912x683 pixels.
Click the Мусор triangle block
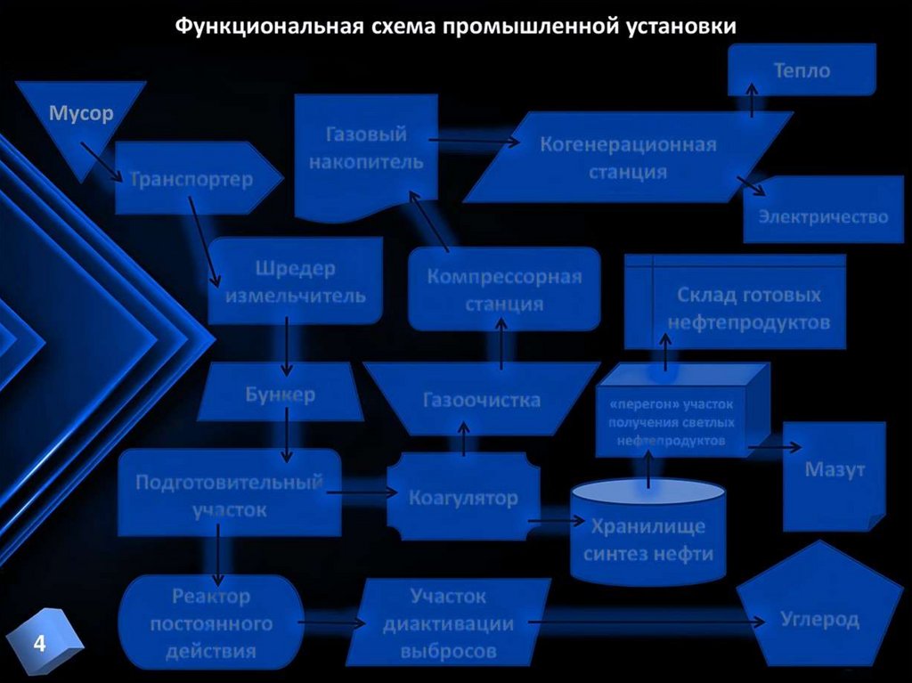point(80,116)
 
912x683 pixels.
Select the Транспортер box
point(191,179)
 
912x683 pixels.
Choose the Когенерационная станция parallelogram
point(628,157)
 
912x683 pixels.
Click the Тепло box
point(802,70)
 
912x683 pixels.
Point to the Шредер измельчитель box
point(296,281)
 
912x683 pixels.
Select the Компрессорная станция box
point(504,289)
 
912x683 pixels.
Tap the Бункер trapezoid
point(280,394)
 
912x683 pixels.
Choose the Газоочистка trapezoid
point(482,400)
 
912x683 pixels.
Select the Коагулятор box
point(463,497)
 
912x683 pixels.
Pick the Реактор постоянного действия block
point(211,622)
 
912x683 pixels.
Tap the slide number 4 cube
point(41,643)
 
